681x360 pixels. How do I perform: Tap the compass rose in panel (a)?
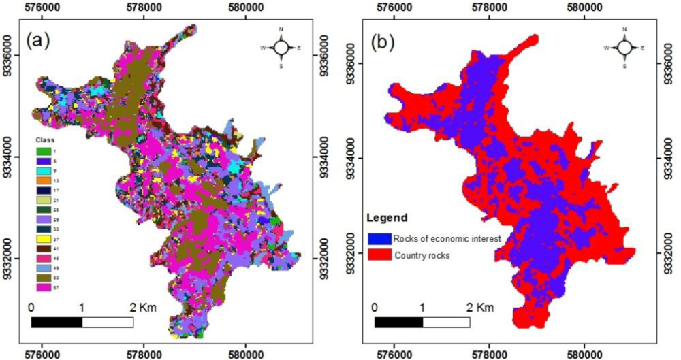[x=282, y=47]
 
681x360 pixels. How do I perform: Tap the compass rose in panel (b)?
[x=624, y=47]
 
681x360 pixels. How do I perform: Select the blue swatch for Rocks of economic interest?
[x=379, y=238]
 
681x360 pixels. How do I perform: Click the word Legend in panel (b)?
[x=387, y=219]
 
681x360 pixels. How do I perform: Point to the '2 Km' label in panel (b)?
[x=482, y=306]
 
